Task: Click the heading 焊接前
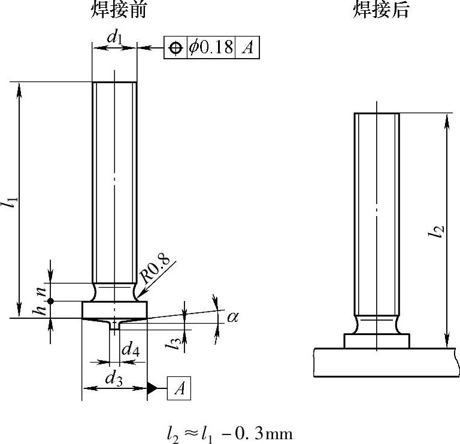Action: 118,10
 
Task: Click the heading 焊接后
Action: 380,10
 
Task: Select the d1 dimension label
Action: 114,38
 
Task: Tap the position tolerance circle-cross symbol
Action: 175,48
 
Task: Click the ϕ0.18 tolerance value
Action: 211,47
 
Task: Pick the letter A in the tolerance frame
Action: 247,47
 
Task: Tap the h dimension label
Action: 40,309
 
